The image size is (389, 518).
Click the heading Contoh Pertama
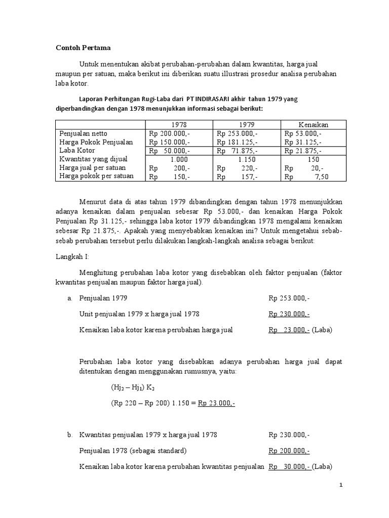click(83, 48)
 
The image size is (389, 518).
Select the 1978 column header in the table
click(179, 124)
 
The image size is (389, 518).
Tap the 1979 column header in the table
click(246, 124)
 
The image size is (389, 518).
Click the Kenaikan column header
click(314, 124)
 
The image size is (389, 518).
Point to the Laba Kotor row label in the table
click(77, 150)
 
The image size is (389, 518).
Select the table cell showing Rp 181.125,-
click(237, 142)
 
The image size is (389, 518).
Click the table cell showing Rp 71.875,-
click(237, 151)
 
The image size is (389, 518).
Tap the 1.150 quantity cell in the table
click(246, 159)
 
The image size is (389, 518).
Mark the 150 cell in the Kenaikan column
click(314, 159)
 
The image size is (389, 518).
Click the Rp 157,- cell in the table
click(237, 177)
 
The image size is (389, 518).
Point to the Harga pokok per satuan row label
click(97, 176)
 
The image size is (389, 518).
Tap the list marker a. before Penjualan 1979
click(70, 298)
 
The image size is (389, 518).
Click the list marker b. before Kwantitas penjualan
click(70, 435)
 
